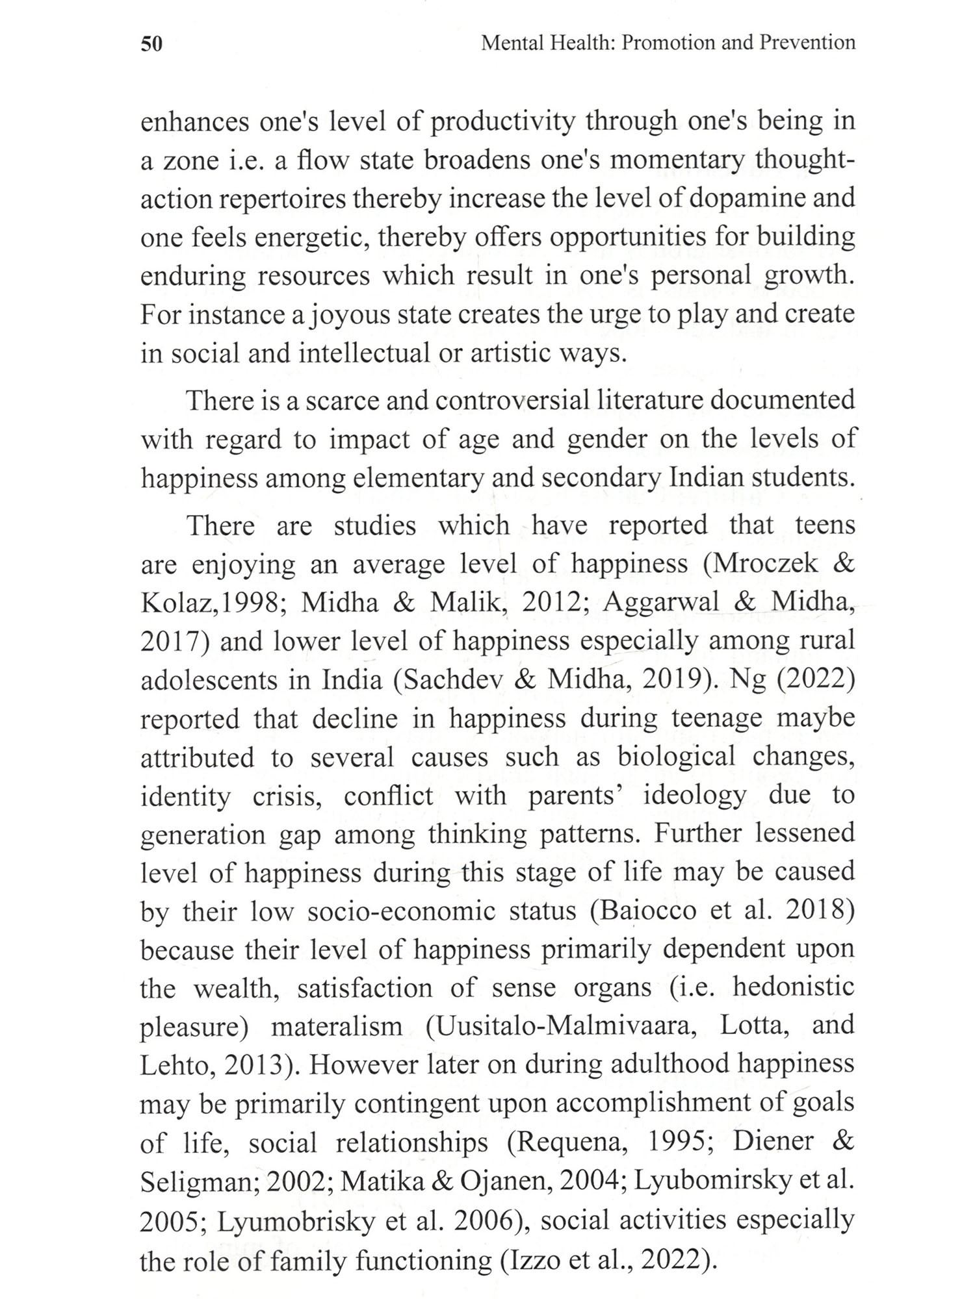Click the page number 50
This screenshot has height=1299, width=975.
coord(151,44)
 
